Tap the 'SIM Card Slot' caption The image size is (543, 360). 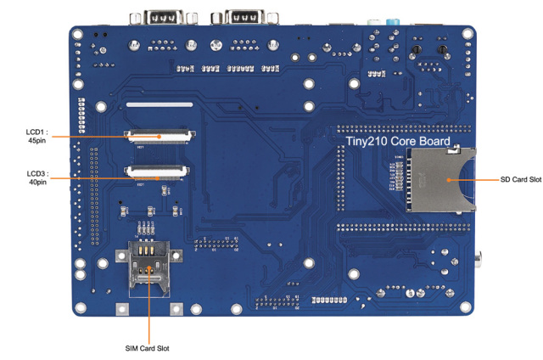(x=148, y=348)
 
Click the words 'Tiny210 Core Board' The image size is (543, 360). (x=397, y=141)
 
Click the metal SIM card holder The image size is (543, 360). (x=148, y=267)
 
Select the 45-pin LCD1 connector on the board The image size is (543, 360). (x=158, y=135)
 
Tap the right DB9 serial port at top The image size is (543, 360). (x=242, y=17)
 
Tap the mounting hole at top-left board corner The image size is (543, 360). (x=78, y=37)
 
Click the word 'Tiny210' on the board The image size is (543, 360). (x=367, y=141)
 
